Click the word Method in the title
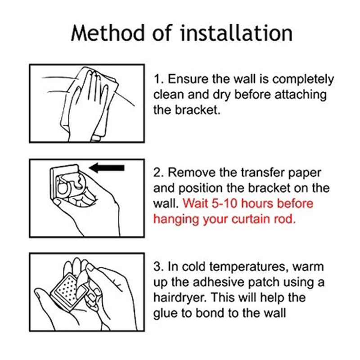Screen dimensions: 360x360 pos(108,33)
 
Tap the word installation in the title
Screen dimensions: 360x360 pos(236,33)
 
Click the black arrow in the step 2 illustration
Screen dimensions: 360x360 pos(107,168)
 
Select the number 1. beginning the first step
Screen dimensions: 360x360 pos(158,79)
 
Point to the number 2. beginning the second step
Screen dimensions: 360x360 pos(159,172)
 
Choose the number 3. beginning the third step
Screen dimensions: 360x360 pos(159,266)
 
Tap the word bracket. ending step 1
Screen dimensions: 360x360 pos(198,110)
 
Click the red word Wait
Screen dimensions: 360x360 pos(195,203)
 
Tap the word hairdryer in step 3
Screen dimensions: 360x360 pos(181,298)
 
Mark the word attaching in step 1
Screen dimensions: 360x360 pos(301,95)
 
